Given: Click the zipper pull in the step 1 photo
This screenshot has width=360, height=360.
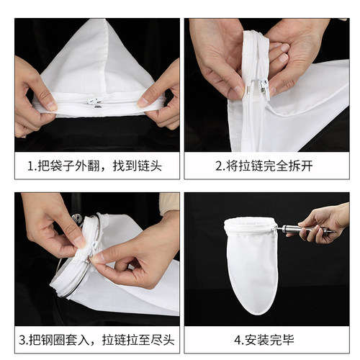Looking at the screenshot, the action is [x=96, y=102].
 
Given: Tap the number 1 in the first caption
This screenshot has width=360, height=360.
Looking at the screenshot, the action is [x=30, y=166].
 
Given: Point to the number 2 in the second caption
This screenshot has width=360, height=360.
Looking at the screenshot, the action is [x=219, y=166].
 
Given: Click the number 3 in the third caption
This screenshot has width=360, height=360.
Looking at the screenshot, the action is [x=22, y=340].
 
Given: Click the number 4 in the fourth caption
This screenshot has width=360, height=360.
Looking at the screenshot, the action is [x=238, y=340].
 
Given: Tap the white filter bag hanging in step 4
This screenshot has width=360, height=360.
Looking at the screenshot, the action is [x=251, y=264].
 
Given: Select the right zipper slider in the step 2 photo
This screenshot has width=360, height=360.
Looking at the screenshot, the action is [x=264, y=89].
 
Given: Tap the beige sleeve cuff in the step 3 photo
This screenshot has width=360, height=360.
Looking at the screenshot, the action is [x=169, y=203].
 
